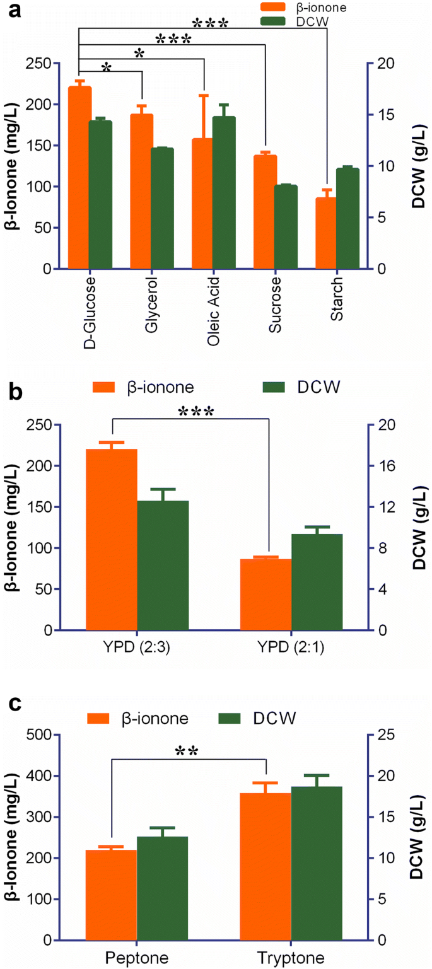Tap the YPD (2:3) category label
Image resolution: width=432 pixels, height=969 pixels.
pyautogui.click(x=137, y=647)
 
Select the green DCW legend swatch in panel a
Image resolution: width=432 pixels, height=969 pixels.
pyautogui.click(x=276, y=21)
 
